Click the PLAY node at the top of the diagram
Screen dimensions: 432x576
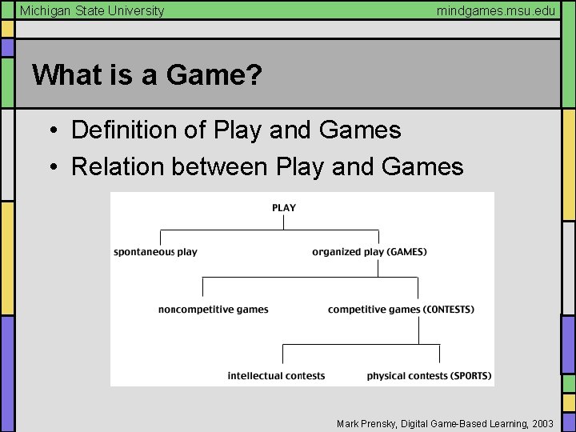[284, 208]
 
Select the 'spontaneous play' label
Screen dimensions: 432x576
[155, 252]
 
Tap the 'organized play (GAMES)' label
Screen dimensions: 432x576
[369, 252]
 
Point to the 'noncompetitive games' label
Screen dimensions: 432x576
[213, 310]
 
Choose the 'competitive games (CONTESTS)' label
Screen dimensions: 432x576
[401, 310]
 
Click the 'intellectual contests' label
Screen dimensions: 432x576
[276, 376]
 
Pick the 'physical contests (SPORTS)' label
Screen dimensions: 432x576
[429, 376]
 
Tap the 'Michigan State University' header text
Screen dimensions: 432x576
[92, 10]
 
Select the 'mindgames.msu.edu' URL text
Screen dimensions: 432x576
[495, 10]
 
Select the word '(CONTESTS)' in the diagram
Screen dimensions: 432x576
[448, 310]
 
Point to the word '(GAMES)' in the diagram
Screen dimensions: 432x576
[406, 252]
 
